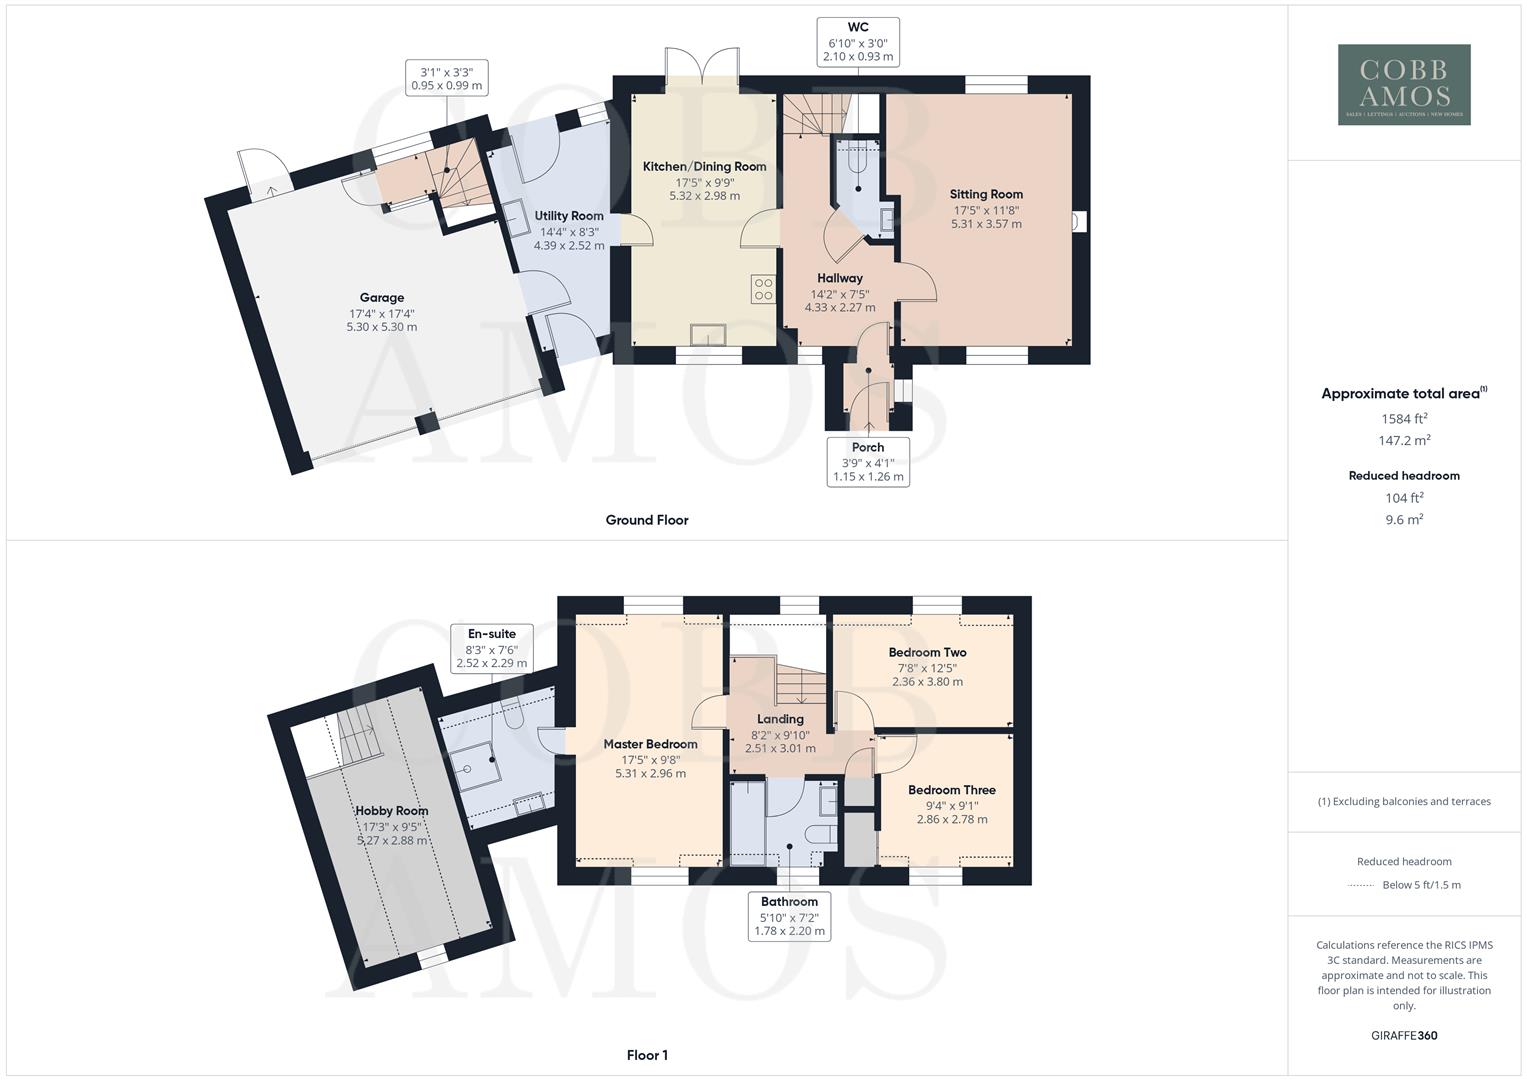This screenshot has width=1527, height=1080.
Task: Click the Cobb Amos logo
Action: pos(1404,84)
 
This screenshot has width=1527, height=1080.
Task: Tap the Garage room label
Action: pos(382,298)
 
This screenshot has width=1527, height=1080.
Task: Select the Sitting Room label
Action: pos(986,194)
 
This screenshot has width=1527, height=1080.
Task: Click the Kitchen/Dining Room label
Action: pos(704,167)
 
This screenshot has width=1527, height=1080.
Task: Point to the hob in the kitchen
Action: pos(764,289)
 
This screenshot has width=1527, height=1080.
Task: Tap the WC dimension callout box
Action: pos(858,42)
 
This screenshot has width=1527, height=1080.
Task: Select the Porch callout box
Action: pos(868,461)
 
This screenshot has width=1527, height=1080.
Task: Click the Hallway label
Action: pos(840,278)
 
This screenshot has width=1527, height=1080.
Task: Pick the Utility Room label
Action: pos(569,216)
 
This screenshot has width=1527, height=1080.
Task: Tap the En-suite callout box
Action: pos(492,648)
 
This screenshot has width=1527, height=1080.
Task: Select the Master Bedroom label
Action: pos(650,744)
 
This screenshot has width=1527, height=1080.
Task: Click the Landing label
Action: pos(780,719)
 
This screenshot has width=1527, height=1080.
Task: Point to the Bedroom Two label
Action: pos(927,652)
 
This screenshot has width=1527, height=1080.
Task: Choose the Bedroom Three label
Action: pos(952,790)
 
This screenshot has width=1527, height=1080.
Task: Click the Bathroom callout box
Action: pos(790,916)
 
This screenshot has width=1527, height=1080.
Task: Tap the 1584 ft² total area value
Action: pos(1404,419)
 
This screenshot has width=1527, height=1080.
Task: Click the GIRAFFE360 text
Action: pos(1404,1036)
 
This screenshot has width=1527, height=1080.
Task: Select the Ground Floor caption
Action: pos(647,520)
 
